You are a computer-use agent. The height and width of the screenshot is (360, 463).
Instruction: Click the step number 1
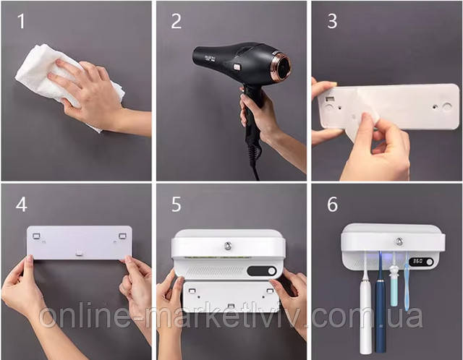(x=21, y=21)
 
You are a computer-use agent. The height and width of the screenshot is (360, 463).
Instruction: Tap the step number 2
(x=177, y=21)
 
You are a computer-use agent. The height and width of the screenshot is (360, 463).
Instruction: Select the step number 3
(x=332, y=21)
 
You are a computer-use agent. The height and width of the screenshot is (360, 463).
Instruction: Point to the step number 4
(x=22, y=204)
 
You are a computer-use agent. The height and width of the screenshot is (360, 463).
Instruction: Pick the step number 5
(x=177, y=205)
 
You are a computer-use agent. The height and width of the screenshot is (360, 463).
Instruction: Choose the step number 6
(x=333, y=204)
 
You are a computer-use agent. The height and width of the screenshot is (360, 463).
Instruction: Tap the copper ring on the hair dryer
(x=281, y=66)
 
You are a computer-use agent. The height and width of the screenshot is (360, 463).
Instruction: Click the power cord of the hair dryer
(x=253, y=153)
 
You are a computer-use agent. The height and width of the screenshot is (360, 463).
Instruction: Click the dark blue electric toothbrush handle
(x=381, y=315)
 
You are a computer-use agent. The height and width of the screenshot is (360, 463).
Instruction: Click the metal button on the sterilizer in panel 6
(x=399, y=241)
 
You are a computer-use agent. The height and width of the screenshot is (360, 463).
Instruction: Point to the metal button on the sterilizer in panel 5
(x=228, y=246)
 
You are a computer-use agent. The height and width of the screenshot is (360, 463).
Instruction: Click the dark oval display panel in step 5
(x=262, y=271)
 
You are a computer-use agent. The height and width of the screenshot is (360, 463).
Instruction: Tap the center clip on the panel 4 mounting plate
(x=79, y=252)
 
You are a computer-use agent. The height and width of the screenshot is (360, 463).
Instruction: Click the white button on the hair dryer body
(x=237, y=67)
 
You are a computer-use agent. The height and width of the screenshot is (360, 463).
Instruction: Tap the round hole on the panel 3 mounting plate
(x=447, y=106)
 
